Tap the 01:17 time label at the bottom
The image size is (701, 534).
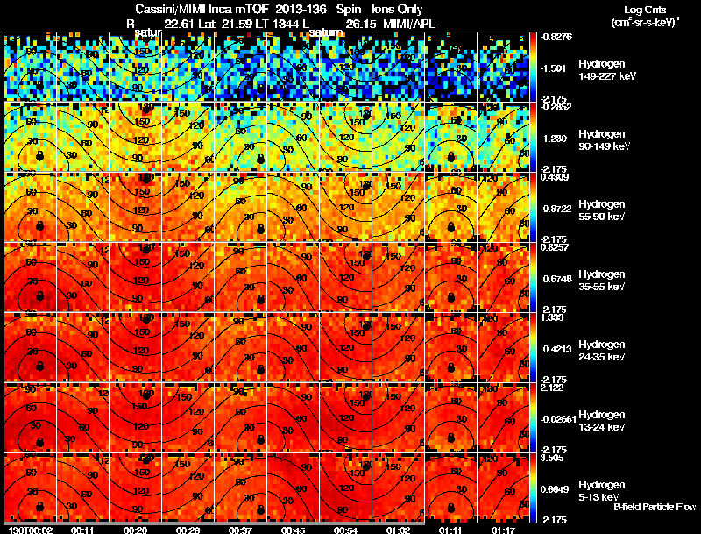pyautogui.click(x=503, y=530)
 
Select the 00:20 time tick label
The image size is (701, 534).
pyautogui.click(x=136, y=530)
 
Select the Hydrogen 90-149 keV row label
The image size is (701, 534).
pyautogui.click(x=605, y=140)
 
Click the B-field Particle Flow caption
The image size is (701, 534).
pyautogui.click(x=654, y=507)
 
